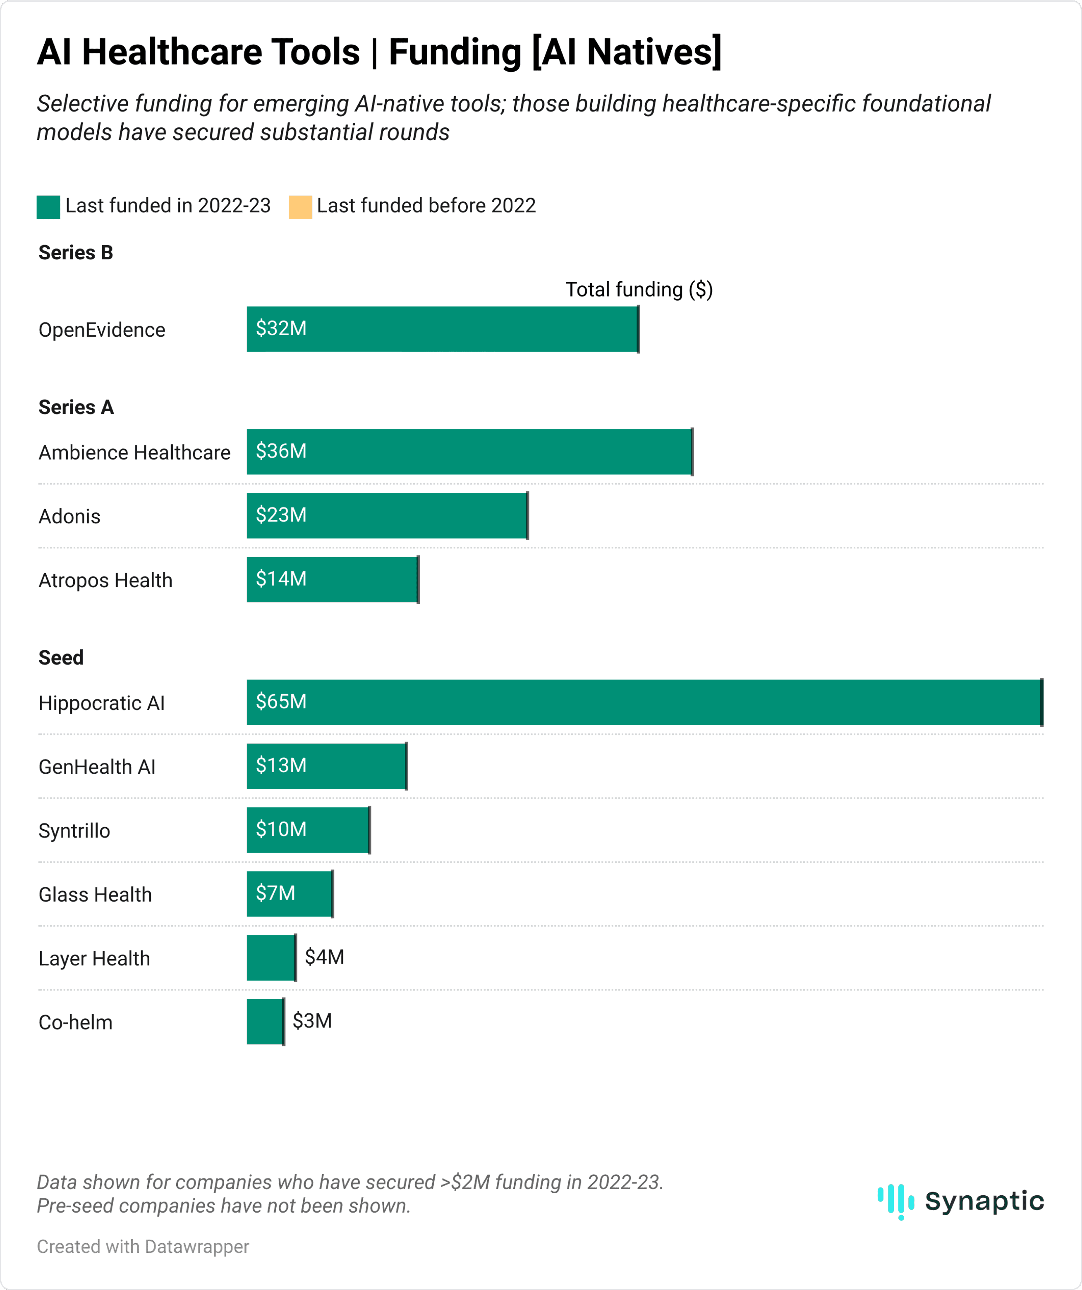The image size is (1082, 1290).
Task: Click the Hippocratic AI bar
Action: pyautogui.click(x=644, y=702)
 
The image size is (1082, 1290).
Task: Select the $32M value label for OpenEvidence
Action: pyautogui.click(x=281, y=329)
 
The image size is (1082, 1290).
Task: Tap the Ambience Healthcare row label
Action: pyautogui.click(x=134, y=453)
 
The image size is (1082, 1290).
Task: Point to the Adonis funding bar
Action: pyautogui.click(x=387, y=515)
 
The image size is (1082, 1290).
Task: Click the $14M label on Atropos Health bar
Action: pyautogui.click(x=281, y=579)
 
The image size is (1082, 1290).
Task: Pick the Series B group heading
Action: pyautogui.click(x=76, y=252)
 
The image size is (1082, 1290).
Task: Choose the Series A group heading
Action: pyautogui.click(x=76, y=407)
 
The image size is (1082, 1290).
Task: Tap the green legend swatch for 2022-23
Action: pyautogui.click(x=48, y=207)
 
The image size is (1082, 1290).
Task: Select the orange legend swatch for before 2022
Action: pyautogui.click(x=300, y=207)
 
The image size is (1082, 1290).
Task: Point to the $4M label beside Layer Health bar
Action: pyautogui.click(x=324, y=957)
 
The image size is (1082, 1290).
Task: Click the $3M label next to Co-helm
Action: pyautogui.click(x=312, y=1020)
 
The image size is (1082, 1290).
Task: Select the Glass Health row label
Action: pyautogui.click(x=95, y=895)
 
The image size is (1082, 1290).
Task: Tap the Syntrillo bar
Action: pyautogui.click(x=308, y=830)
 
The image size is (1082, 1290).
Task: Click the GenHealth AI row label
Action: pyautogui.click(x=97, y=767)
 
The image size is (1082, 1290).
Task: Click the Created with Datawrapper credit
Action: pyautogui.click(x=143, y=1247)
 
